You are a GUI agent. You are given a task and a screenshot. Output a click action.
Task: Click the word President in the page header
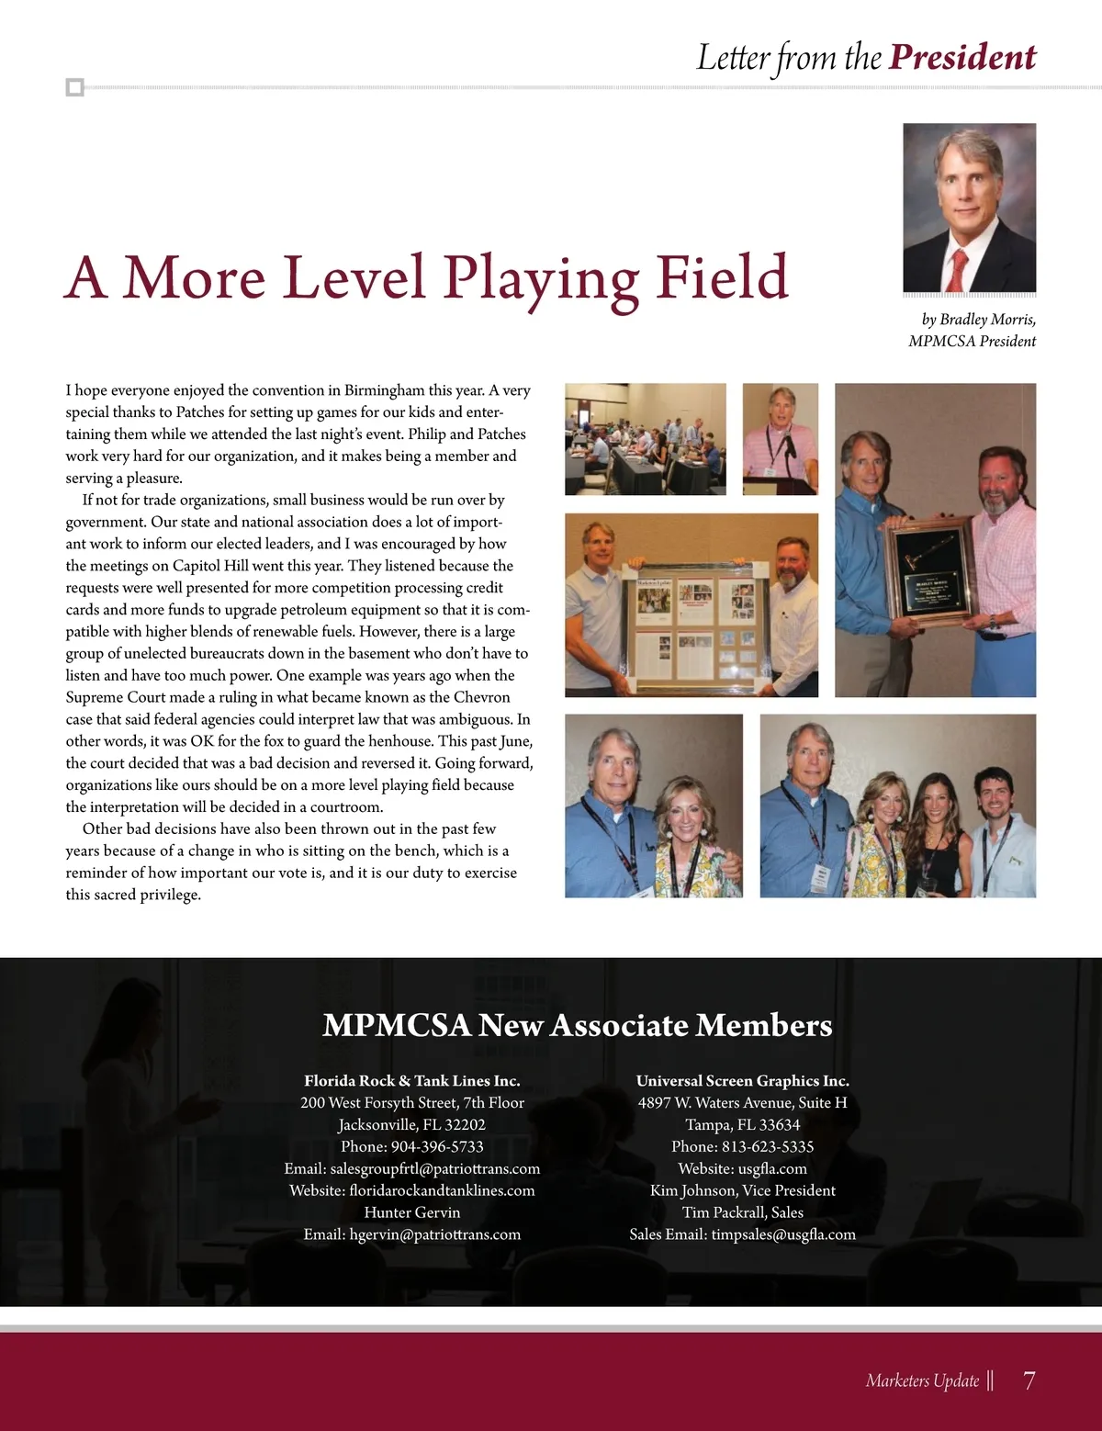962,58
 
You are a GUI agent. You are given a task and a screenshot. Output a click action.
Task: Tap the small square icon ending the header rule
75,88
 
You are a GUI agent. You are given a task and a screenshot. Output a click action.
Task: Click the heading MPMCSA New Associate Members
577,1025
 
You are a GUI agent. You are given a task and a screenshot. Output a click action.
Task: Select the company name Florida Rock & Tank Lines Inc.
411,1081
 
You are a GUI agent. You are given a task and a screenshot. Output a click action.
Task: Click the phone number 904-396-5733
437,1147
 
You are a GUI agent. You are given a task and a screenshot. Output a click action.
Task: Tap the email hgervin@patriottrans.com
434,1235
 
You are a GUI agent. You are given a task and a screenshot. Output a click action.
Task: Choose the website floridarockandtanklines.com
442,1191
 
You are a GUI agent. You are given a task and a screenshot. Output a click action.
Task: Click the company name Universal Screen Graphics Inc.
742,1081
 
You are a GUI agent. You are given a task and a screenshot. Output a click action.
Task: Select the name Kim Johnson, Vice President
742,1191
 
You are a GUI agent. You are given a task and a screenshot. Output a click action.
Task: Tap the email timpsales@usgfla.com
782,1235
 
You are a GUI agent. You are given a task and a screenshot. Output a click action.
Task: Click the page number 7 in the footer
1029,1380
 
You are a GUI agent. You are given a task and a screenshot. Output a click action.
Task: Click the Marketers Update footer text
922,1380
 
